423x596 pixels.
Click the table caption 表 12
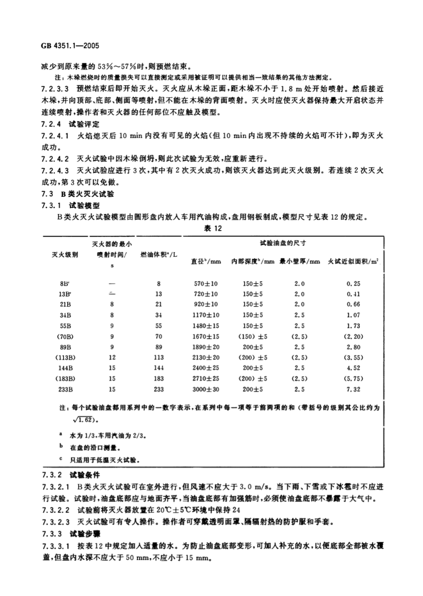point(212,226)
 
